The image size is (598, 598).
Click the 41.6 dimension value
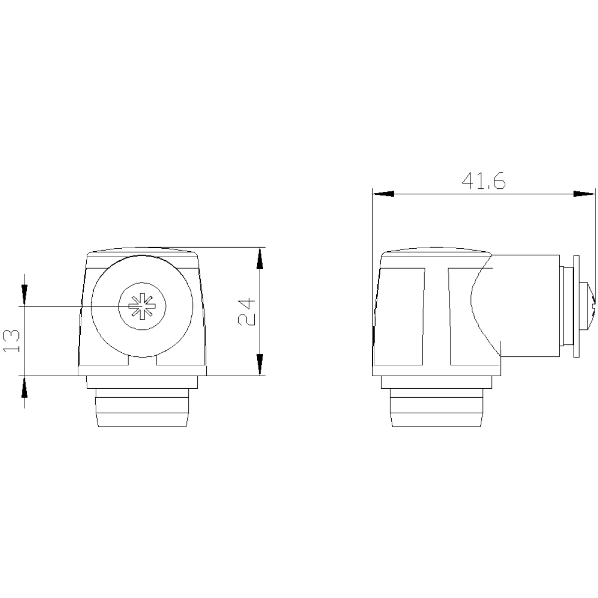click(x=483, y=181)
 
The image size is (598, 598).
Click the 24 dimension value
click(x=246, y=311)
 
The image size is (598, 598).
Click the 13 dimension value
click(x=11, y=341)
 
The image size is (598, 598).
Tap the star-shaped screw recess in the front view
click(x=142, y=306)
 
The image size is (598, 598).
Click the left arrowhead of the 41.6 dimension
click(x=383, y=194)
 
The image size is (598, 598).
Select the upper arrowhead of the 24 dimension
click(x=260, y=259)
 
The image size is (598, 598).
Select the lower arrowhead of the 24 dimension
click(x=260, y=365)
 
